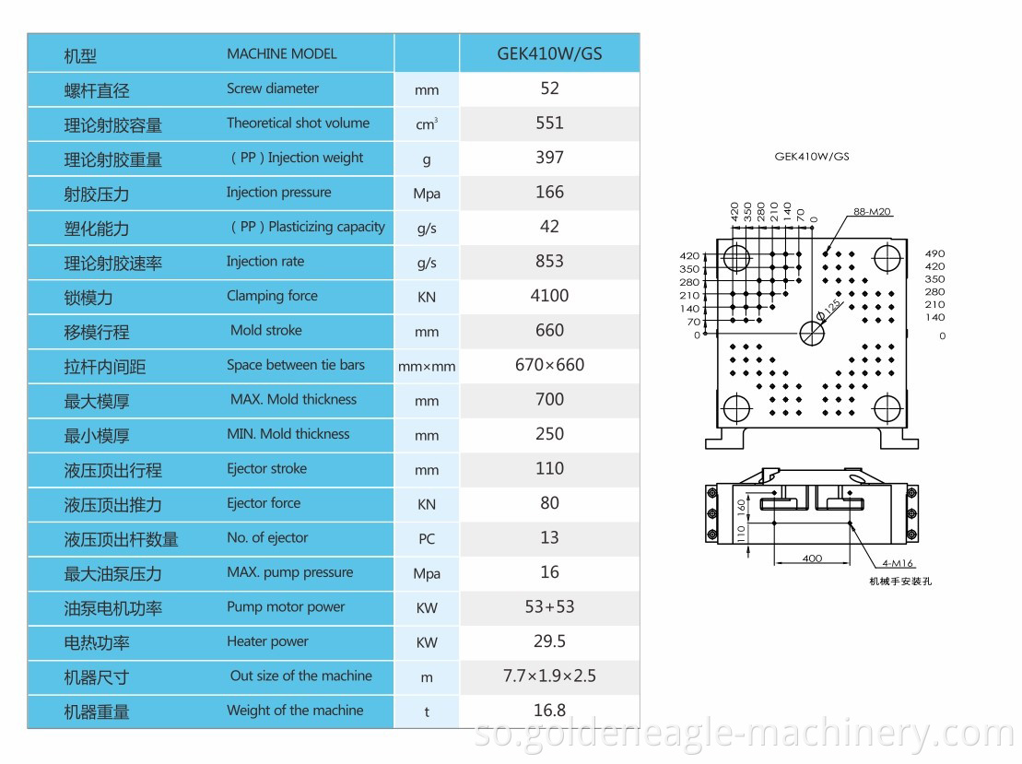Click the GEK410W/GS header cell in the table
[x=549, y=53]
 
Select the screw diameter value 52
[x=549, y=88]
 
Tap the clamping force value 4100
[x=549, y=296]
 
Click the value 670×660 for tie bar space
[x=549, y=365]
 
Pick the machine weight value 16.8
[x=549, y=711]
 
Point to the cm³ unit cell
[x=427, y=124]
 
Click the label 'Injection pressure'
[x=278, y=193]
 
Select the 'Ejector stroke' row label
[x=266, y=469]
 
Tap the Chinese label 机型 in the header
[x=80, y=55]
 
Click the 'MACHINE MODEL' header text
[x=282, y=53]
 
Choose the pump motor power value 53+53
[x=549, y=607]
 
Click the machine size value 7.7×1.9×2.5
[x=549, y=676]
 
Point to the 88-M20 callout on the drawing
[x=872, y=212]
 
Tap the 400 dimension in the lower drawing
[x=812, y=558]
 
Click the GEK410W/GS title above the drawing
[x=812, y=157]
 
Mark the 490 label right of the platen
[x=934, y=254]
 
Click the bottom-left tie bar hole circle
[x=737, y=406]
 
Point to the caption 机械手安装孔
[x=900, y=582]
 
